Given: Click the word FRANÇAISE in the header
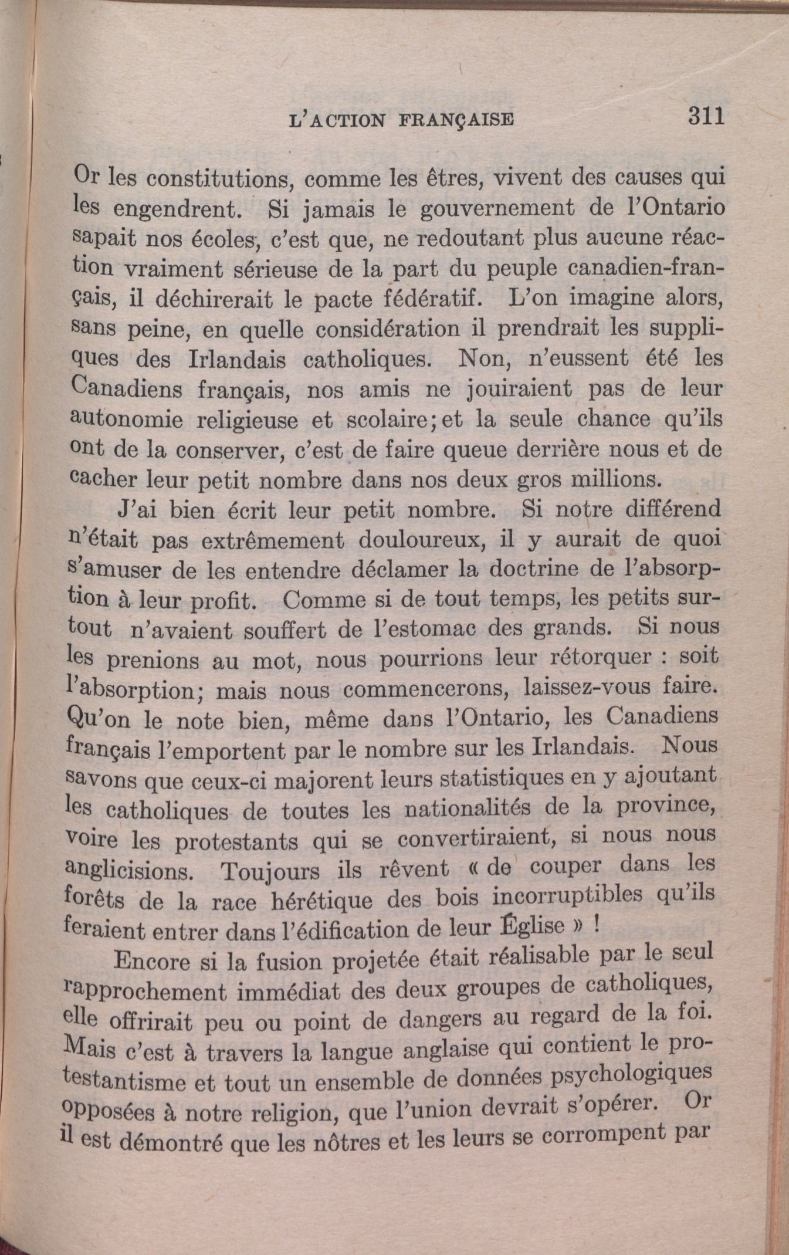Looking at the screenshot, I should coord(456,120).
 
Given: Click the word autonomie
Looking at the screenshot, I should coord(126,418).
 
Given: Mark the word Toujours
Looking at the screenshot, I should coord(269,871).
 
